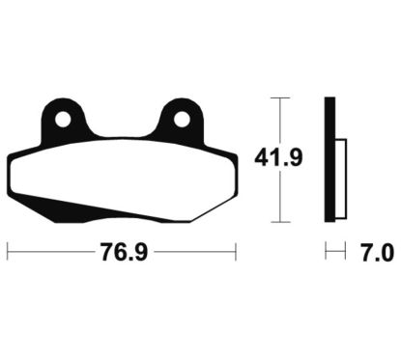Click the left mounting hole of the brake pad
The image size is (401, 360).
[x=63, y=120]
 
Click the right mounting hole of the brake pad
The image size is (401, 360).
[x=182, y=120]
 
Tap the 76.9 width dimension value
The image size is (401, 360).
[x=124, y=252]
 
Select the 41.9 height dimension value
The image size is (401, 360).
[x=278, y=157]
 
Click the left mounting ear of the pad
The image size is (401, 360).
[x=63, y=120]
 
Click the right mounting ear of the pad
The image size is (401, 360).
[x=182, y=120]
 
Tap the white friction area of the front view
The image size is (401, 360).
[x=124, y=176]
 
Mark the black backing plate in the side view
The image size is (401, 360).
[x=329, y=159]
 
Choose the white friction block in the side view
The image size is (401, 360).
[x=341, y=179]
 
